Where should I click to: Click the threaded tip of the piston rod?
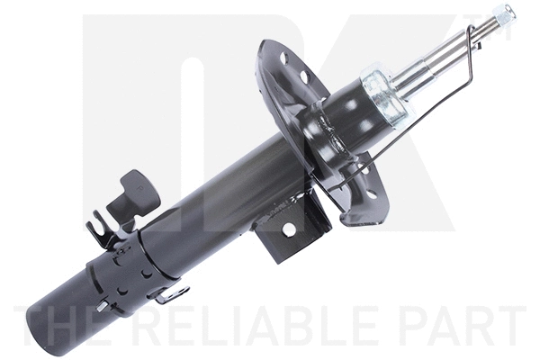tap(504, 13)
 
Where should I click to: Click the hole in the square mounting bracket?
tap(290, 229)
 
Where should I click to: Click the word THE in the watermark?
tap(67, 327)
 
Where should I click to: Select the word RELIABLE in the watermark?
tap(256, 327)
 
